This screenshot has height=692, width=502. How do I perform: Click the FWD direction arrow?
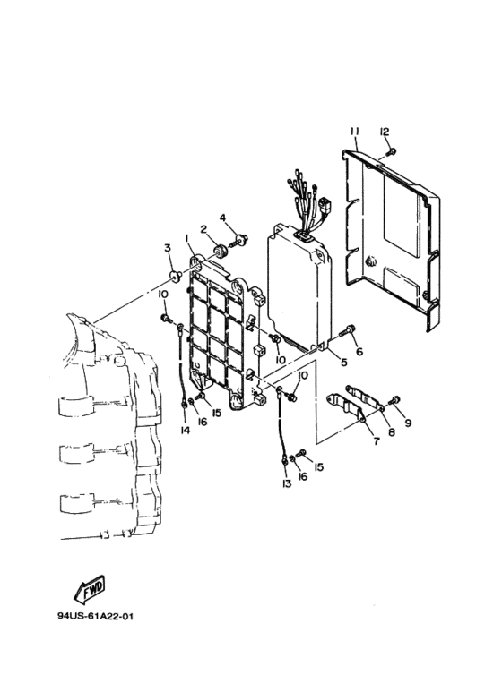pyautogui.click(x=90, y=590)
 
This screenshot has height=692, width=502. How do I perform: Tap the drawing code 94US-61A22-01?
pyautogui.click(x=95, y=616)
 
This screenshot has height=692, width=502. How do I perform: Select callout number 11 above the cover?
pyautogui.click(x=354, y=132)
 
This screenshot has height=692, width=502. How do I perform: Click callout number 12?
pyautogui.click(x=384, y=132)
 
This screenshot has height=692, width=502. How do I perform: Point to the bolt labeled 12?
pyautogui.click(x=391, y=152)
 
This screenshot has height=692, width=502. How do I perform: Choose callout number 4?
pyautogui.click(x=222, y=218)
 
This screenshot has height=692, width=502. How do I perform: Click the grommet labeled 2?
pyautogui.click(x=220, y=252)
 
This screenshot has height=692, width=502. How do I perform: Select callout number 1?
pyautogui.click(x=187, y=239)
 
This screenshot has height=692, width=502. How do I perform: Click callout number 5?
pyautogui.click(x=344, y=362)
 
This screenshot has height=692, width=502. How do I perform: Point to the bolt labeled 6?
pyautogui.click(x=348, y=330)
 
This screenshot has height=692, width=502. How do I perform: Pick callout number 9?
pyautogui.click(x=408, y=423)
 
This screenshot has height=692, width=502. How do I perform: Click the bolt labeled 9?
pyautogui.click(x=394, y=401)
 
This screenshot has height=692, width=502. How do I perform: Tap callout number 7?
pyautogui.click(x=376, y=440)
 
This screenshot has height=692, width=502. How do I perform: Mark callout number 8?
pyautogui.click(x=392, y=432)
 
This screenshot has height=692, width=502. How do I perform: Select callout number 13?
pyautogui.click(x=286, y=483)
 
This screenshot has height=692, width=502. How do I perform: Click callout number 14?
pyautogui.click(x=186, y=430)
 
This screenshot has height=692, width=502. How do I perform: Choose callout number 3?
pyautogui.click(x=168, y=248)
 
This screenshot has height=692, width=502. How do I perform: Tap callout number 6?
pyautogui.click(x=359, y=351)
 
